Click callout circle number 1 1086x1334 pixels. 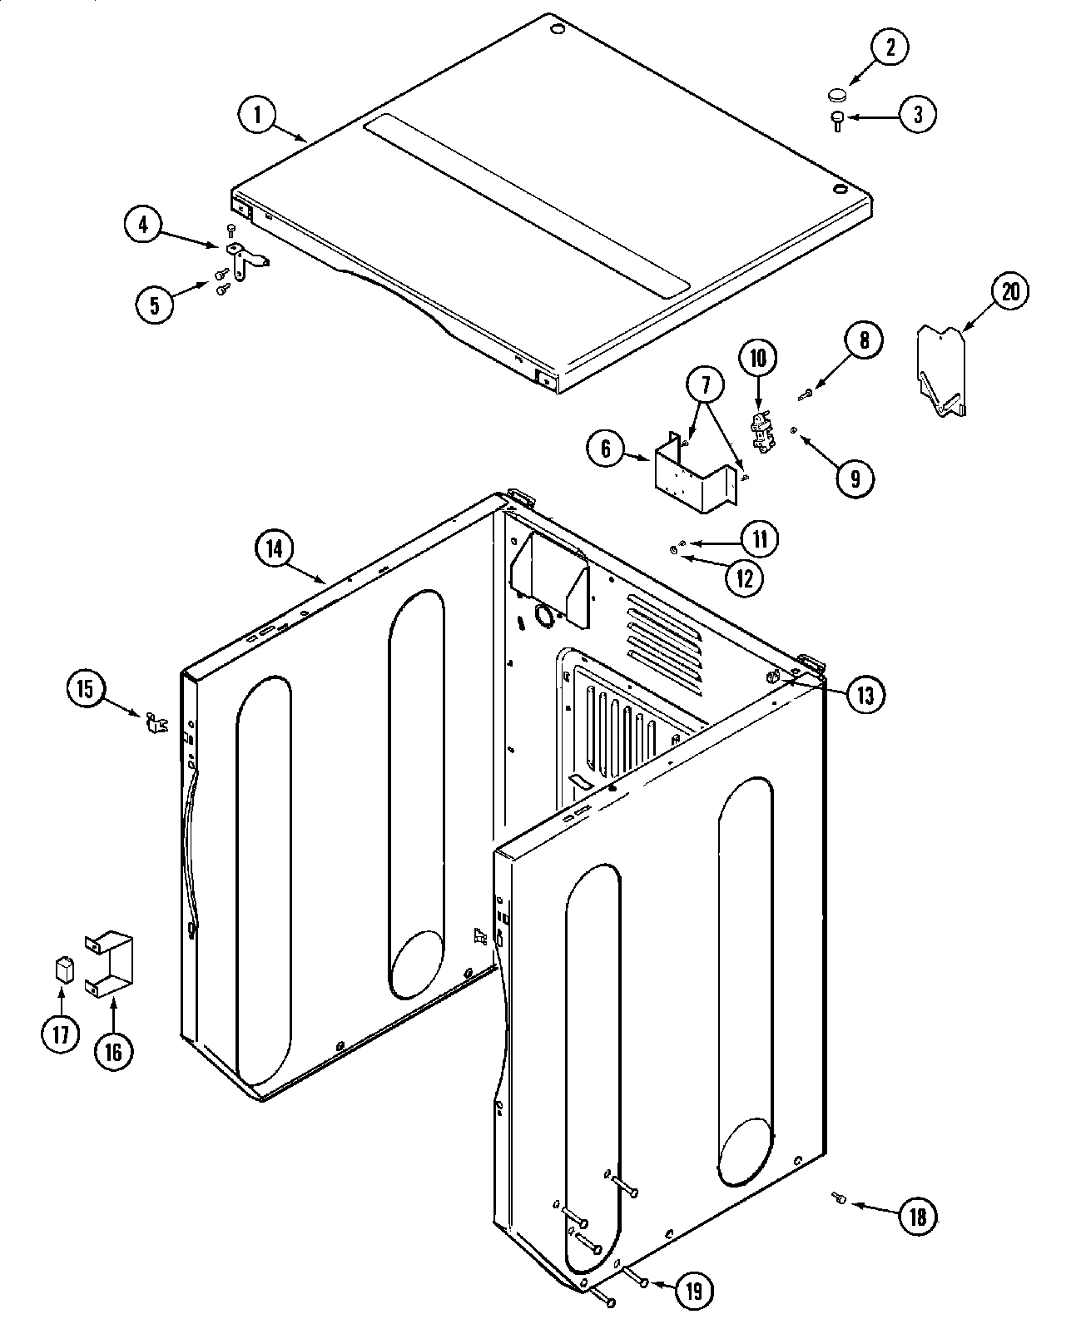(257, 115)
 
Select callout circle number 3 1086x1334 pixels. (916, 115)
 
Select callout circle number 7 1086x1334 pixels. (706, 384)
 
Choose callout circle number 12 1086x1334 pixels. (743, 577)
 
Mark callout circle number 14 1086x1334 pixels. (275, 548)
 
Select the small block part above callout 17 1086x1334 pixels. (62, 970)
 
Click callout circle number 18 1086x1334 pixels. (916, 1217)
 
